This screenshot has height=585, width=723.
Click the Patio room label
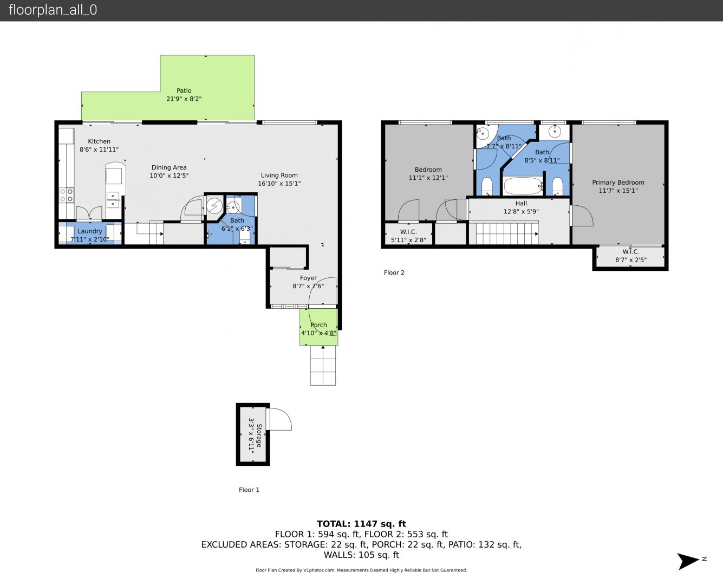coord(184,90)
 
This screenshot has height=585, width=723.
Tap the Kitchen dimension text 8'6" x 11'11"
coord(99,149)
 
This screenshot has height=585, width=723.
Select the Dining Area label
coord(169,167)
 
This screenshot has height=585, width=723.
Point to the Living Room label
coord(279,175)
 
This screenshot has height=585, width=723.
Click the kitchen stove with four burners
coord(67,195)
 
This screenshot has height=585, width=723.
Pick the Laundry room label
coord(89,231)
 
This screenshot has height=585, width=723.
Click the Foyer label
coord(308,278)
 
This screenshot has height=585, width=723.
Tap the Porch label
coord(319,325)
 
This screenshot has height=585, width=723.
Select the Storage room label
coord(259,435)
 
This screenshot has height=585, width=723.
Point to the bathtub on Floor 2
coord(523,186)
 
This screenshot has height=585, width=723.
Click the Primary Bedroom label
coord(618,183)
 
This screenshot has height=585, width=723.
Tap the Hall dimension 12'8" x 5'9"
coord(521,212)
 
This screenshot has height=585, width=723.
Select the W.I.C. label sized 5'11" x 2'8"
coord(408,232)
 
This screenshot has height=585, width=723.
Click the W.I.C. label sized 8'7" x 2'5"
coord(631,252)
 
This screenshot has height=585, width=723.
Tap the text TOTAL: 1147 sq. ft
coord(361,524)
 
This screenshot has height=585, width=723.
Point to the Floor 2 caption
coord(394,272)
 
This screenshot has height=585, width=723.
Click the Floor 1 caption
coord(249,490)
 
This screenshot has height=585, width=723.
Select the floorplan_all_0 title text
coord(53,10)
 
